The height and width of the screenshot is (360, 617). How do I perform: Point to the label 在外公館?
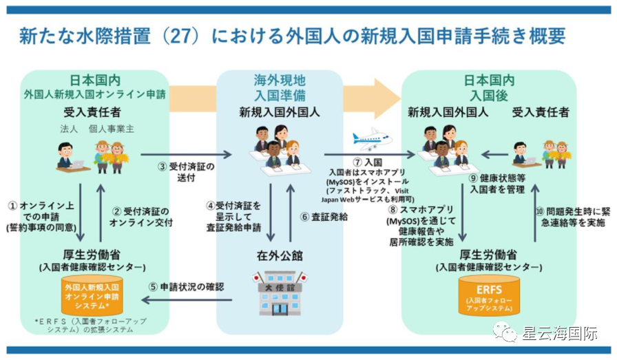279,255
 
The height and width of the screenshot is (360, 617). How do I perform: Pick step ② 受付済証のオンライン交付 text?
138,216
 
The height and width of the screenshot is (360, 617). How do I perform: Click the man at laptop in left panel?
67,154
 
